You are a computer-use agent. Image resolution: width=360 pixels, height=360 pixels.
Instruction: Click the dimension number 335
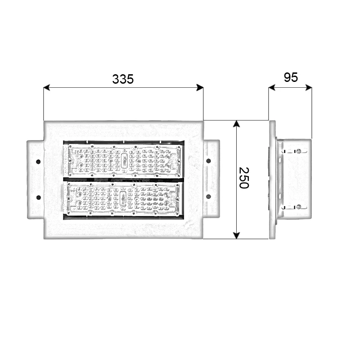[x=123, y=79]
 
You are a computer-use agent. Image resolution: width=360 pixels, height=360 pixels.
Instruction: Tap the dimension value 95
[x=291, y=77]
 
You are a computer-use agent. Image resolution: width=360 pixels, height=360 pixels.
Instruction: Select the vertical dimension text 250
[x=243, y=178]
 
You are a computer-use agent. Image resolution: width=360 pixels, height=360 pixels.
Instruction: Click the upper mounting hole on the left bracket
[x=38, y=161]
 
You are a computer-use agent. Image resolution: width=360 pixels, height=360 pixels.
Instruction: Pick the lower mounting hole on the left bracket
[x=38, y=197]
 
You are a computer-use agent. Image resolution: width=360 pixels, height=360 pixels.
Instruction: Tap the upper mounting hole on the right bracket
[x=208, y=161]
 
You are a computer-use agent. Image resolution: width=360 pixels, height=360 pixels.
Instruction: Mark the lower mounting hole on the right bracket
[x=208, y=197]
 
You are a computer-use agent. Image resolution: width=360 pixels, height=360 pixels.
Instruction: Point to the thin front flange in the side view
[x=272, y=180]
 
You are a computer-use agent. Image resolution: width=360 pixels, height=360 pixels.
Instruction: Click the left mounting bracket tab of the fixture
[x=35, y=179]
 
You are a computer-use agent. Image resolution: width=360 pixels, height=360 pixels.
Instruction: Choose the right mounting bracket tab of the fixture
[x=211, y=179]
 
